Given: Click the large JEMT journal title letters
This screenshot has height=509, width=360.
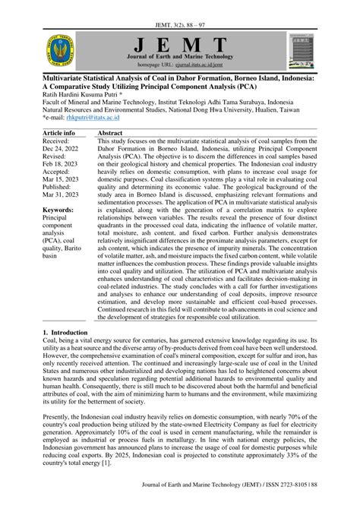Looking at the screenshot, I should pos(179,44).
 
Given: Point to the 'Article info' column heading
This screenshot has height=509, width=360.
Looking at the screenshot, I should pos(60,133).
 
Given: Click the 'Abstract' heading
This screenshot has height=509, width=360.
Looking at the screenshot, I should pos(111,133).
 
